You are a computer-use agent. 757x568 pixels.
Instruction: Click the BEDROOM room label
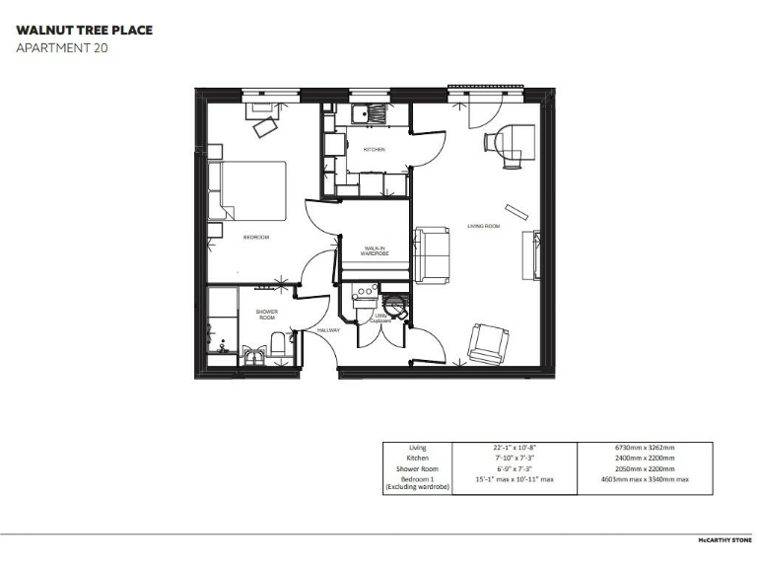pyautogui.click(x=256, y=238)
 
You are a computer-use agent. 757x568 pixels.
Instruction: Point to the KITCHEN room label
pyautogui.click(x=374, y=150)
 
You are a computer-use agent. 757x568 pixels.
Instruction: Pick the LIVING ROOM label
pyautogui.click(x=483, y=227)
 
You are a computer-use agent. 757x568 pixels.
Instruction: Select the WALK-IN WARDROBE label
pyautogui.click(x=376, y=250)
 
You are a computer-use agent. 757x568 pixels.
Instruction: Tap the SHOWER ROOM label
pyautogui.click(x=267, y=315)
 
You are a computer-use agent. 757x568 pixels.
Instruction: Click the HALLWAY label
pyautogui.click(x=329, y=330)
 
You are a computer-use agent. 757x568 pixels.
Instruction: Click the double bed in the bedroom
pyautogui.click(x=252, y=190)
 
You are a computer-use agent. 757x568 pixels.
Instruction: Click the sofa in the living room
pyautogui.click(x=433, y=254)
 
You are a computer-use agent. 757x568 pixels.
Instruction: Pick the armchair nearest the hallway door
pyautogui.click(x=488, y=342)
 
